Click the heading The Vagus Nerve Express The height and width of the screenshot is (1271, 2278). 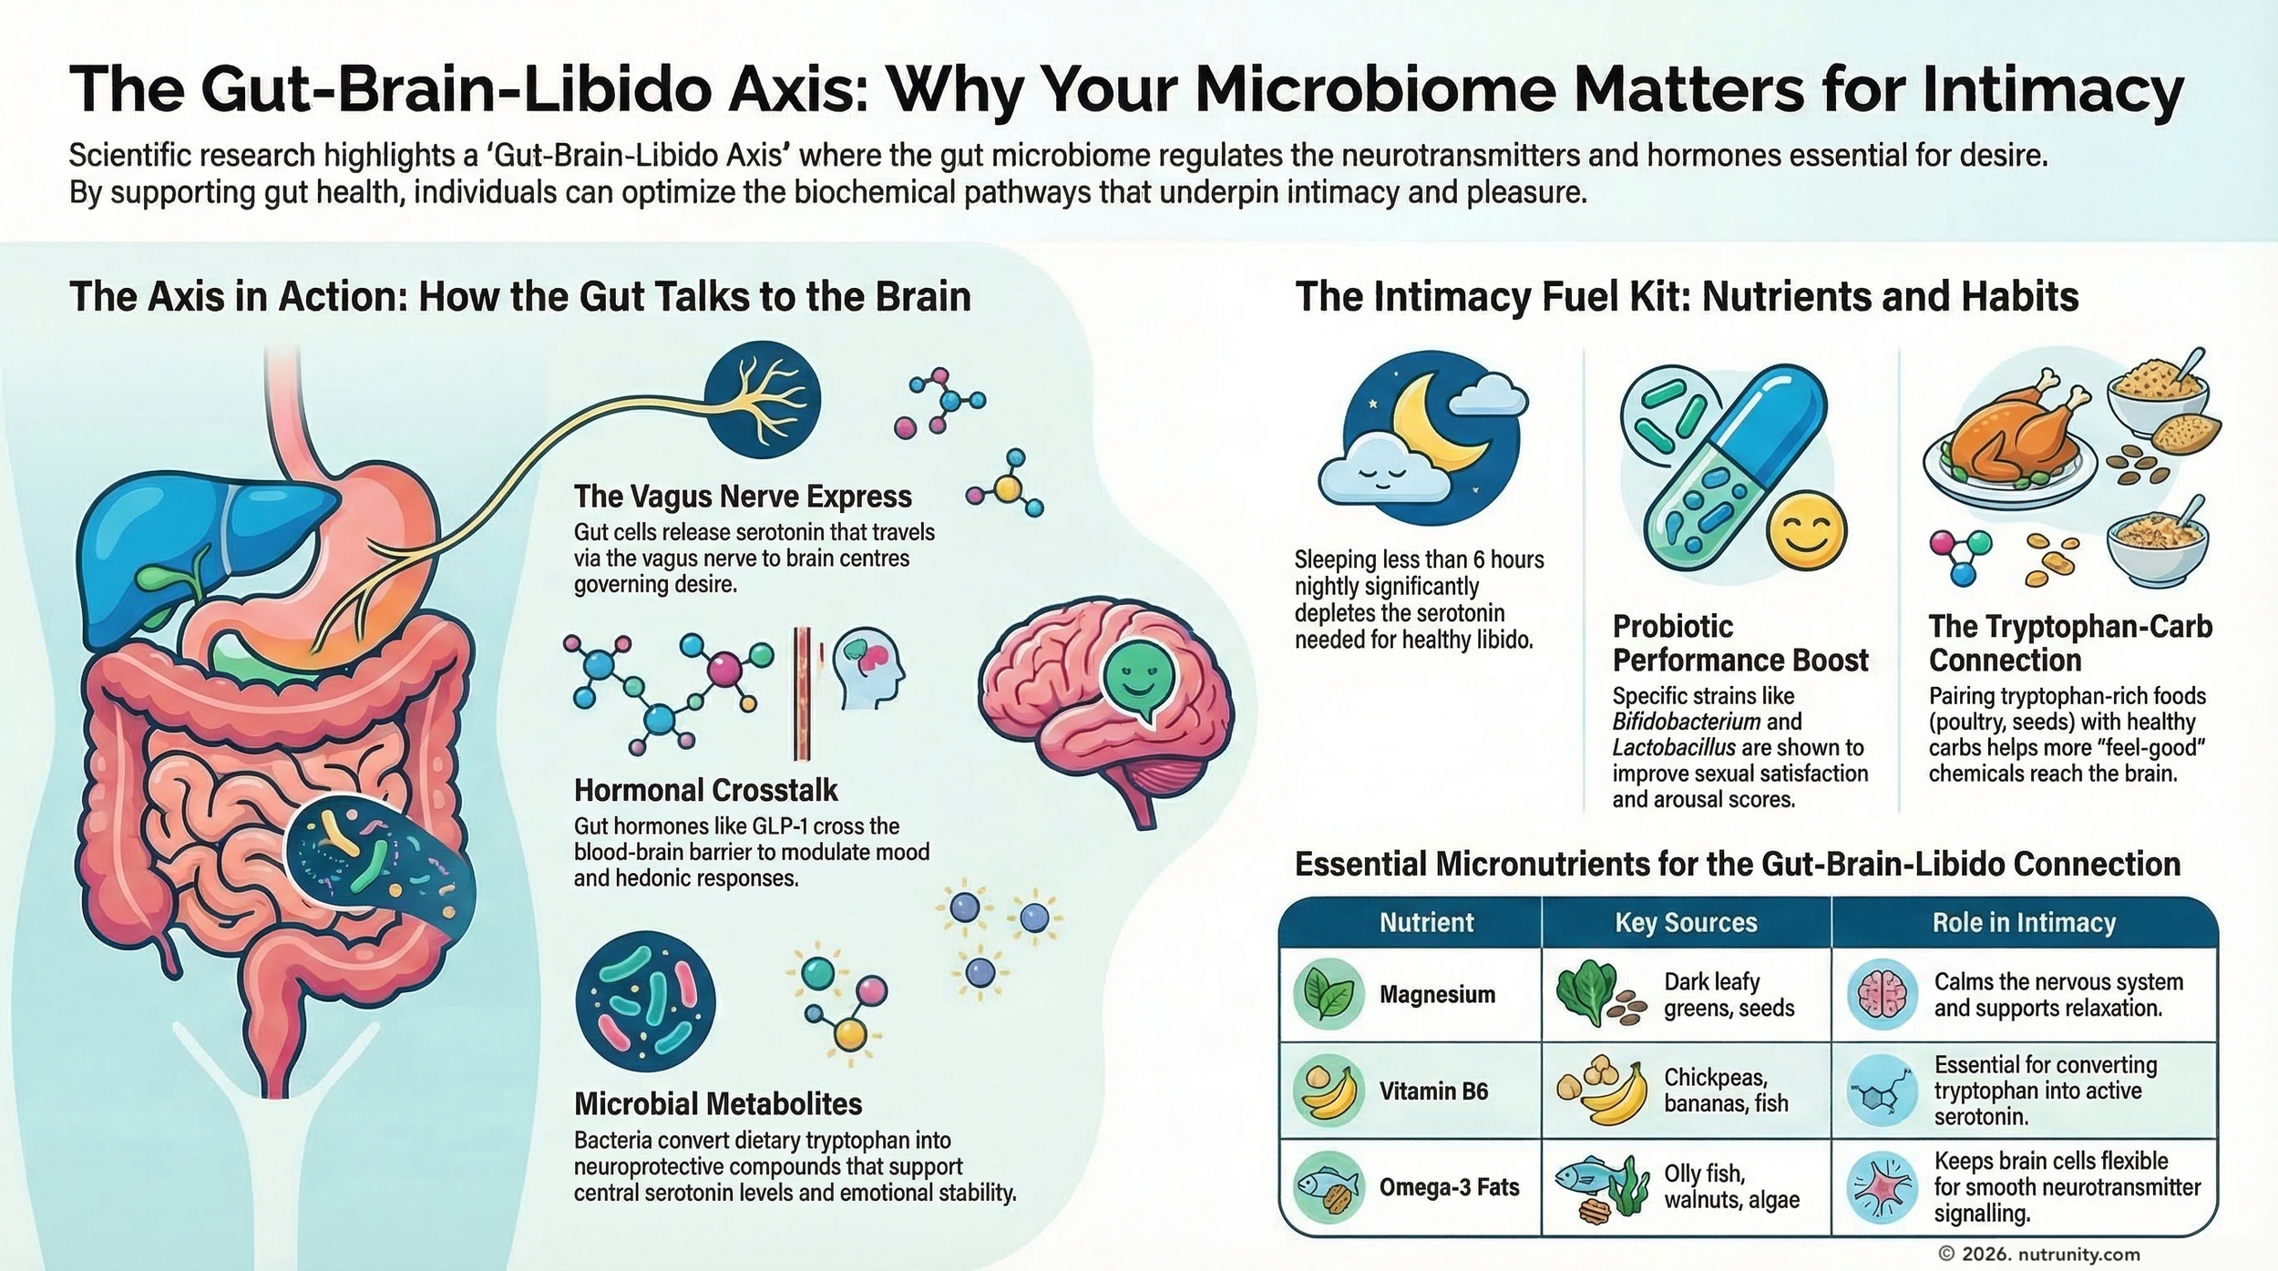click(743, 497)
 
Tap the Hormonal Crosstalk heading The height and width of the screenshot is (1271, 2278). click(705, 790)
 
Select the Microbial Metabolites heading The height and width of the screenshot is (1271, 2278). click(718, 1104)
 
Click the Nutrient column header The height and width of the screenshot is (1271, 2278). click(1426, 923)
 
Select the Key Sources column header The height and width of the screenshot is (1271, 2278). click(1686, 923)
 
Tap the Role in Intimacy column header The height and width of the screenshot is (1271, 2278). click(2024, 923)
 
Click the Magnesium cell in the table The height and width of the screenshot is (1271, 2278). click(1437, 994)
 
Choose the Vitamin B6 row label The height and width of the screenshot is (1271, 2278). click(1433, 1091)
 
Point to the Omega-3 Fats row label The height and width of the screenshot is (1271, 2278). click(1449, 1187)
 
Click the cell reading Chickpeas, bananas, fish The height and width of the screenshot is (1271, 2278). click(1726, 1091)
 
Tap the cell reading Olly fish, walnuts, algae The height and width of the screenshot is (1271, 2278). click(1731, 1186)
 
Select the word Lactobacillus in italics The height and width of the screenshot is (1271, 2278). click(1674, 748)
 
